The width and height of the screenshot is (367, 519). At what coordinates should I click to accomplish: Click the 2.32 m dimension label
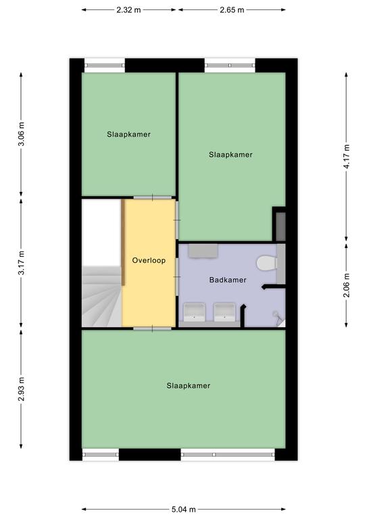click(x=128, y=10)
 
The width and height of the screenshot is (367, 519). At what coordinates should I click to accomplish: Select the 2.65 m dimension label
click(x=232, y=10)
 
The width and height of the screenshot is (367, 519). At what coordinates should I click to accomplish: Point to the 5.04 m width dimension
click(x=184, y=509)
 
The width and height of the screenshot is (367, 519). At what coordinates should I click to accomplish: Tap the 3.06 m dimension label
click(x=21, y=134)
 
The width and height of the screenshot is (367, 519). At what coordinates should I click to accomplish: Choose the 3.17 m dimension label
click(x=21, y=263)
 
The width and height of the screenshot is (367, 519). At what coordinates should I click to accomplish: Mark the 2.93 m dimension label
click(x=21, y=389)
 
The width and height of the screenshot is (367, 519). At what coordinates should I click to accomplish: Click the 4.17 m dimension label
click(x=346, y=157)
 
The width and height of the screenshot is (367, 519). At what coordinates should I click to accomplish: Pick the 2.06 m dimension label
click(x=346, y=285)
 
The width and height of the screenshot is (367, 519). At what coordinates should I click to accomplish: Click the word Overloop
click(x=149, y=260)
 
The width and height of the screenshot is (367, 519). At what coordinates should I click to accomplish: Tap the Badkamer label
click(x=228, y=280)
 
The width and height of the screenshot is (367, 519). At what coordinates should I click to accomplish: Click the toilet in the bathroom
click(x=268, y=264)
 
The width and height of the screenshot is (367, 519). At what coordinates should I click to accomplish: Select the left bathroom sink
click(x=194, y=312)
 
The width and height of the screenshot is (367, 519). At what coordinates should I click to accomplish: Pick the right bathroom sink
click(x=224, y=312)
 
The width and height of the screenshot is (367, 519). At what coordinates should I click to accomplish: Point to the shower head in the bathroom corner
click(x=277, y=316)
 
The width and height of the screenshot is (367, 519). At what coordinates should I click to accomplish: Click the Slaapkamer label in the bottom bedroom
click(x=189, y=386)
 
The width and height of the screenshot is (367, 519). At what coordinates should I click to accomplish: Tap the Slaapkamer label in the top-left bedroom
click(x=128, y=134)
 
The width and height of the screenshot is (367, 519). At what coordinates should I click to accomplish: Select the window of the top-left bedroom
click(x=105, y=66)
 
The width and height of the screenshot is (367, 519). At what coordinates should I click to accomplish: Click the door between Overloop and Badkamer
click(x=177, y=276)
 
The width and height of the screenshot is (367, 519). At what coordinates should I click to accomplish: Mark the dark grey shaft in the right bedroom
click(x=280, y=226)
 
